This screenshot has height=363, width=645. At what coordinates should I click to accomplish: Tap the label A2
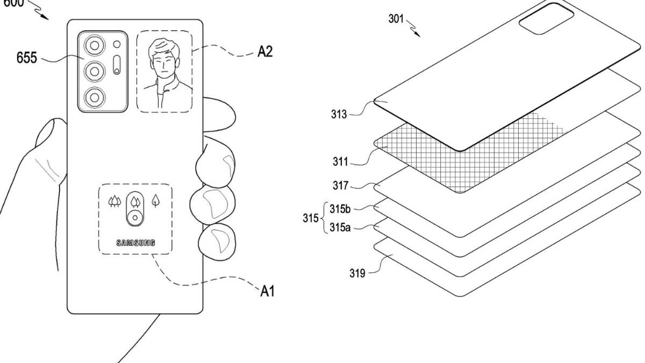pyautogui.click(x=264, y=52)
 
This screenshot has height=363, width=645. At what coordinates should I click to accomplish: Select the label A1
pyautogui.click(x=267, y=291)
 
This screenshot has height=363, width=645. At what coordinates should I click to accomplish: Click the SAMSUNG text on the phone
pyautogui.click(x=135, y=243)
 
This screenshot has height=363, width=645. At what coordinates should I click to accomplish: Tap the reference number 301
pyautogui.click(x=396, y=19)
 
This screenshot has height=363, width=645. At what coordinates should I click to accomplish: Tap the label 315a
pyautogui.click(x=340, y=227)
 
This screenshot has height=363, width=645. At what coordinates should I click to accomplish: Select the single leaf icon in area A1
pyautogui.click(x=155, y=201)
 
